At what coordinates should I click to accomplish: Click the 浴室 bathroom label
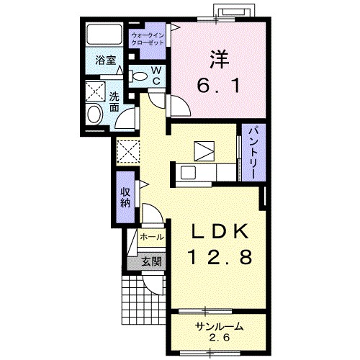(106, 60)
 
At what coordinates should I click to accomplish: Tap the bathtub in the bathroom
(104, 34)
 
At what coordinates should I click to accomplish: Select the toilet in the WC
(138, 76)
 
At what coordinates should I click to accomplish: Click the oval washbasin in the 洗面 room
(94, 114)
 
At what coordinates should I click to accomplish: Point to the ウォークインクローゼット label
(148, 40)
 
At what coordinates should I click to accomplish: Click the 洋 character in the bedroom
(220, 59)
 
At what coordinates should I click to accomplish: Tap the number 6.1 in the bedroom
(218, 86)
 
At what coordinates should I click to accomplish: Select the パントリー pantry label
(254, 153)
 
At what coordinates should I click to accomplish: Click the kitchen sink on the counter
(189, 173)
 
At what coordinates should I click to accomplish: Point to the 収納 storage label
(125, 197)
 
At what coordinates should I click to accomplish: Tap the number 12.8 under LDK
(221, 256)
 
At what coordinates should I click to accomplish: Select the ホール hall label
(152, 237)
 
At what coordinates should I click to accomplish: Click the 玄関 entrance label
(151, 261)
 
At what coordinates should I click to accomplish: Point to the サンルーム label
(220, 326)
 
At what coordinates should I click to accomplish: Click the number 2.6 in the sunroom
(220, 338)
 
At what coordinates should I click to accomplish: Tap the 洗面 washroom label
(114, 102)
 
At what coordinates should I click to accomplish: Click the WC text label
(156, 76)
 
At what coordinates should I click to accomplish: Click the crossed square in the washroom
(96, 91)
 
